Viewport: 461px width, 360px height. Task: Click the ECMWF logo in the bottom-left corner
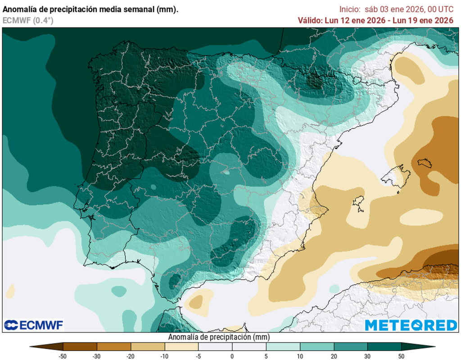pyautogui.click(x=34, y=325)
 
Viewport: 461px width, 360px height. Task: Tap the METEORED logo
pyautogui.click(x=411, y=325)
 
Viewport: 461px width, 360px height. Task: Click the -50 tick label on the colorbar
pyautogui.click(x=63, y=356)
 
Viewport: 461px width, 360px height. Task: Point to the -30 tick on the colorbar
pyautogui.click(x=97, y=356)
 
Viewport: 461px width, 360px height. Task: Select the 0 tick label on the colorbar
pyautogui.click(x=232, y=356)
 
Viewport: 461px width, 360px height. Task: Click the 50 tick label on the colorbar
pyautogui.click(x=402, y=356)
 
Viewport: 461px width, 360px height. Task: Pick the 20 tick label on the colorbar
pyautogui.click(x=334, y=356)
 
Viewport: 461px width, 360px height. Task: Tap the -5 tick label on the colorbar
pyautogui.click(x=199, y=356)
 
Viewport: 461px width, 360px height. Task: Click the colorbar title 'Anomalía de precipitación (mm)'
pyautogui.click(x=219, y=337)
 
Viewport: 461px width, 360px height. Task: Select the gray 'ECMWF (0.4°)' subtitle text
pyautogui.click(x=28, y=20)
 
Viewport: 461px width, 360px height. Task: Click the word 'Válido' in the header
pyautogui.click(x=310, y=20)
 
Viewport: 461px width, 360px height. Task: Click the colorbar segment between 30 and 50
pyautogui.click(x=384, y=347)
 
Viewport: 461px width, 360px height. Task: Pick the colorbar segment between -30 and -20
pyautogui.click(x=114, y=347)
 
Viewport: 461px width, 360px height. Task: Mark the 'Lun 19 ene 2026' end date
pyautogui.click(x=423, y=20)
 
